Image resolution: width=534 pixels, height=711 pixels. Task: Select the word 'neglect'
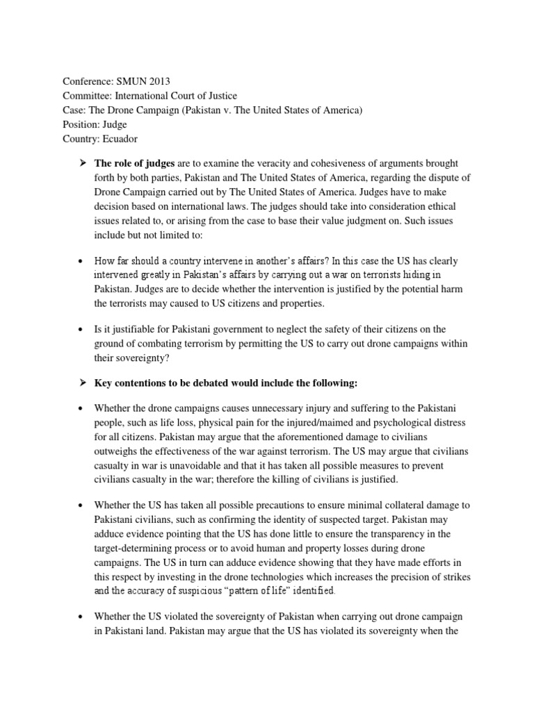(x=293, y=329)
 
